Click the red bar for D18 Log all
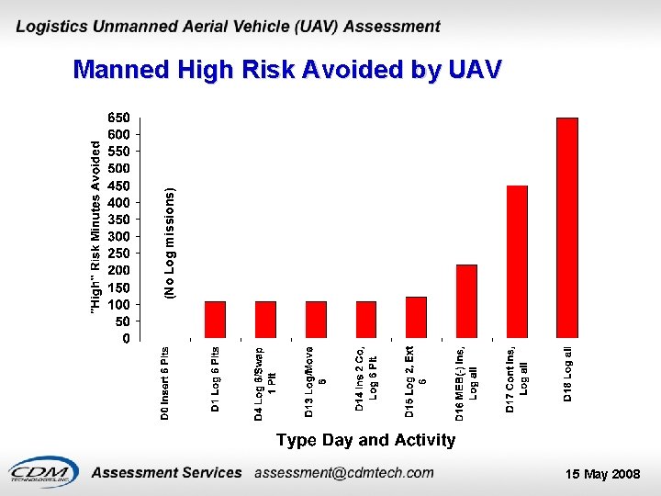567,227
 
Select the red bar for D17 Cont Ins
517,261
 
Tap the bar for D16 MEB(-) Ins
466,300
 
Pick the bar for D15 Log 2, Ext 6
416,317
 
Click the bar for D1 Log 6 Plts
215,319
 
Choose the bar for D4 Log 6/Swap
265,319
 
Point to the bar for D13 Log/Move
316,319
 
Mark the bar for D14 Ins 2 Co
365,319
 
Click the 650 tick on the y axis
119,118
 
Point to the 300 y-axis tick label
119,236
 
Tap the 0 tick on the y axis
126,338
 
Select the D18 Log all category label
568,373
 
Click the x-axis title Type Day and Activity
365,440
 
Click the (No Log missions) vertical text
169,242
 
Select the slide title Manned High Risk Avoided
287,70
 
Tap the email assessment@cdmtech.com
343,473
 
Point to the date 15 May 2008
602,474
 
